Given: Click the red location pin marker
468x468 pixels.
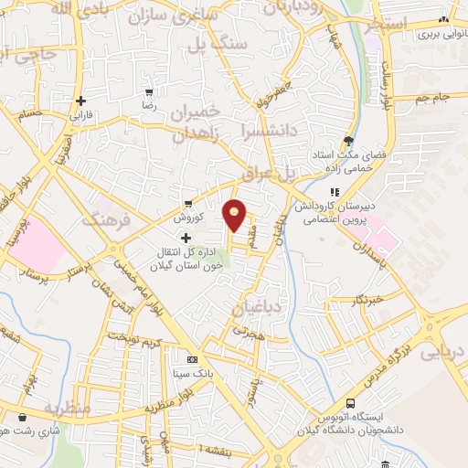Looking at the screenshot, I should click(x=235, y=216).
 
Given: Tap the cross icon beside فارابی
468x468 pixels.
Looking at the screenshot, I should click(x=81, y=101).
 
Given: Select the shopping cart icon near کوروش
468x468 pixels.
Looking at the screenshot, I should click(x=188, y=204).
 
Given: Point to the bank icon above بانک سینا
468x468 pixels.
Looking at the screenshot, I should click(x=191, y=360).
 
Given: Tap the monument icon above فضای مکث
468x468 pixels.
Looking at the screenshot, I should click(x=347, y=140).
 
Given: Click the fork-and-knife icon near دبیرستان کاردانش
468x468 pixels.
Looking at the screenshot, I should click(x=335, y=192).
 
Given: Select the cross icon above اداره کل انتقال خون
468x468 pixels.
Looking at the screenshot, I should click(x=186, y=238).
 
